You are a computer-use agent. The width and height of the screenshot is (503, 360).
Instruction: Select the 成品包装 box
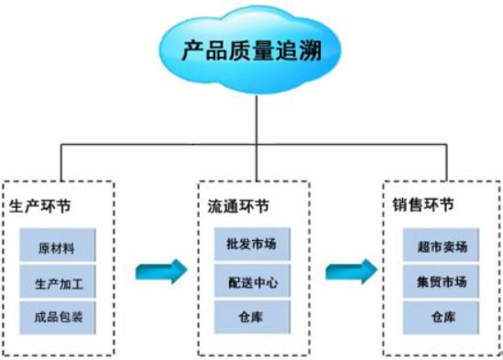(x=57, y=317)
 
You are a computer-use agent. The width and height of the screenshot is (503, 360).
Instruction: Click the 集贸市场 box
(x=442, y=282)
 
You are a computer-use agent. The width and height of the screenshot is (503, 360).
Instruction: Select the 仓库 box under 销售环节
(x=442, y=317)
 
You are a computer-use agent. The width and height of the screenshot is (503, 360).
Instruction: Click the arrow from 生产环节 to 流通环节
(x=160, y=271)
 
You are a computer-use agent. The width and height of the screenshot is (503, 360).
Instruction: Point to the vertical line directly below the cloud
(x=256, y=115)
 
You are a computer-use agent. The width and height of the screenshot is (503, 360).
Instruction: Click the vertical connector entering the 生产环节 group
(x=61, y=163)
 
